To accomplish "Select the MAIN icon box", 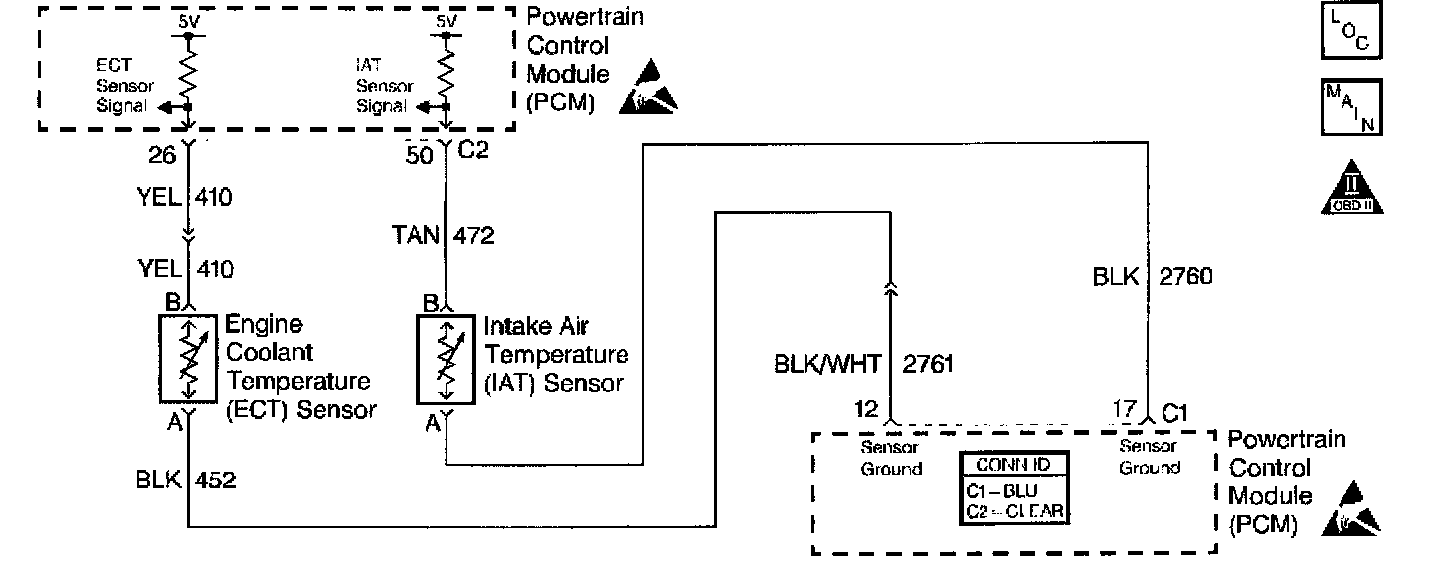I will (1350, 106).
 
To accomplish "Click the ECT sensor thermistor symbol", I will (188, 358).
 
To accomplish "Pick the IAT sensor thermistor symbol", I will (447, 358).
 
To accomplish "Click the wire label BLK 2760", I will (1153, 277).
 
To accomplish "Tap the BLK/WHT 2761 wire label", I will (863, 364).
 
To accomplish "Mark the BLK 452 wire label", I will (186, 482).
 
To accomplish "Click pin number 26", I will (162, 156).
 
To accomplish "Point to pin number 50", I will (421, 155).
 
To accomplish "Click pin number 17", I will (1124, 409).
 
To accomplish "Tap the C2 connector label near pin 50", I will (474, 152).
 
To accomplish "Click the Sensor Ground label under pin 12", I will (890, 458).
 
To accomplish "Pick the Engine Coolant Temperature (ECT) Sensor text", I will (298, 367).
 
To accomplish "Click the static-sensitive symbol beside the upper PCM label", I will (649, 86).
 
